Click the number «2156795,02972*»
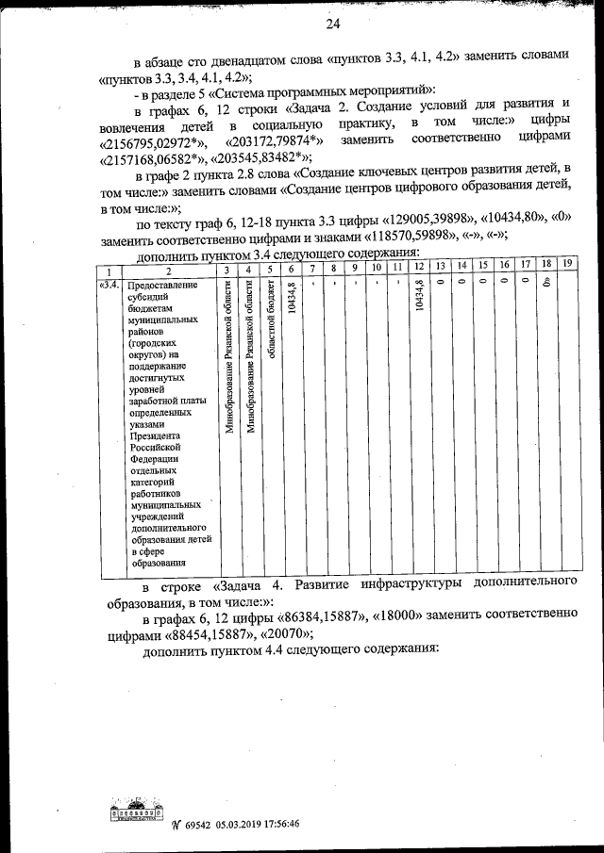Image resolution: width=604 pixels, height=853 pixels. [145, 142]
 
